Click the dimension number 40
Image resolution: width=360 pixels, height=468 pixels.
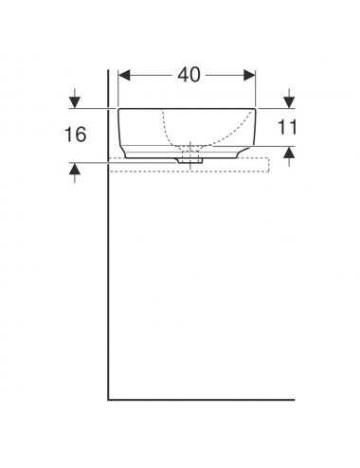point(189,75)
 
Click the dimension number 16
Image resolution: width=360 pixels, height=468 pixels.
point(75,135)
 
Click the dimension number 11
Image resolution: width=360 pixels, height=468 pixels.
point(287,127)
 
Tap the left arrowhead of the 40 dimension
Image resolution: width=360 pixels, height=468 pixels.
point(124,75)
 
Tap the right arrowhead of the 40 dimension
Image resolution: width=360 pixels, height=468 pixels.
point(249,75)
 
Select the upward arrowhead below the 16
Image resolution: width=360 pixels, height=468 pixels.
point(75,169)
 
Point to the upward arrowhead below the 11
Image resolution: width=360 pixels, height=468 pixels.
point(289,153)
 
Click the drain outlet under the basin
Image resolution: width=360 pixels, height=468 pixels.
point(189,161)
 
